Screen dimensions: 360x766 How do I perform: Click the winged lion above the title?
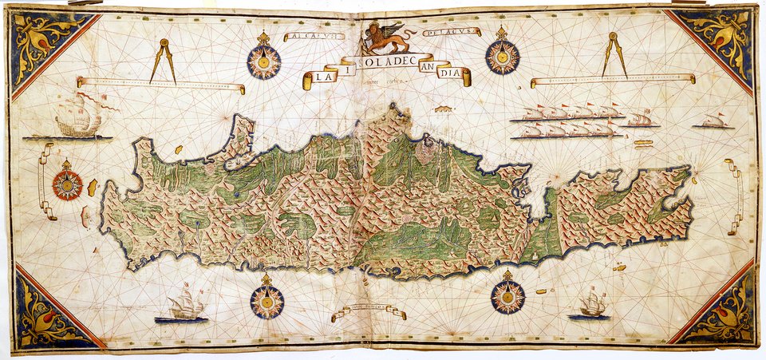389,38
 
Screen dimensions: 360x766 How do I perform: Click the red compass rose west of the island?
67,184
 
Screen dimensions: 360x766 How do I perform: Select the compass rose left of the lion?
263,57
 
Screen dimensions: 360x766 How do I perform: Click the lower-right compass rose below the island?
507,295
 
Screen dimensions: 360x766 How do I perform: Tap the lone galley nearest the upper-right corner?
714,121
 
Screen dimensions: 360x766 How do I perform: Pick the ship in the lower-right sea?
591,304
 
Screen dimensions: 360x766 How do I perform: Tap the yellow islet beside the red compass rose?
93,188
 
